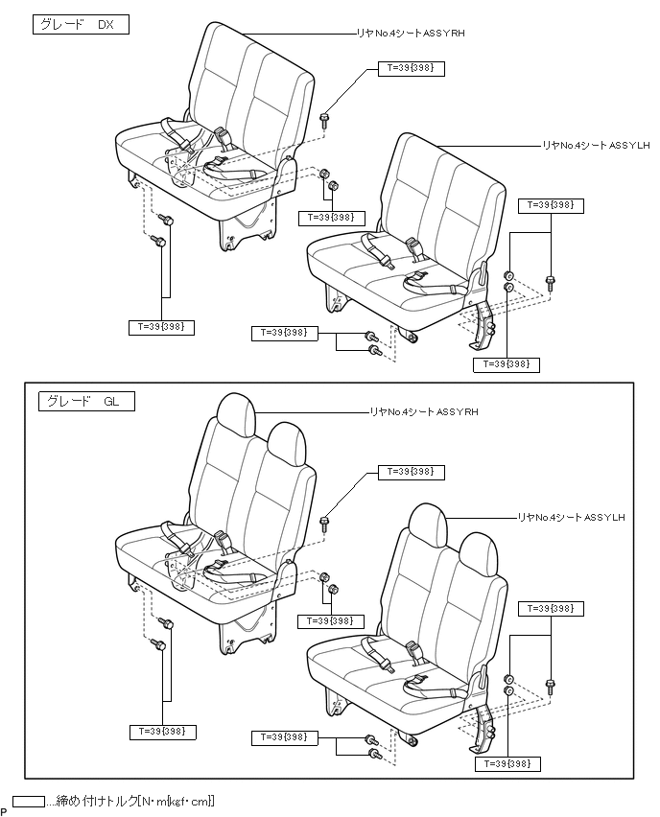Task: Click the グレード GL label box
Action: pos(84,401)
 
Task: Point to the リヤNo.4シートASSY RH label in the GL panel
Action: pos(423,412)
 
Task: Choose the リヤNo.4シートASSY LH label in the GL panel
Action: pos(572,518)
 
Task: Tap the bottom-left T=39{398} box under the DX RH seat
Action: pos(162,327)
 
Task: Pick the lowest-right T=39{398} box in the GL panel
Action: pos(507,763)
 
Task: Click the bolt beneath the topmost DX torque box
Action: pos(325,119)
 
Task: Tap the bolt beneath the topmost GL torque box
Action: pos(325,522)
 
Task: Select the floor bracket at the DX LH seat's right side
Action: pos(483,325)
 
